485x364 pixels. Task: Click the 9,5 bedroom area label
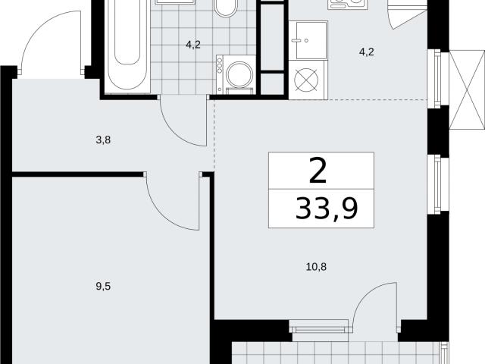tap(103, 287)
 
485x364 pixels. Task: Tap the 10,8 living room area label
tap(316, 267)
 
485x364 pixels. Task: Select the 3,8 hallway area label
tap(103, 140)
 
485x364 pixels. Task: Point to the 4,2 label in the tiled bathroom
tap(193, 45)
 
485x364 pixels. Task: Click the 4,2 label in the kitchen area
tap(367, 52)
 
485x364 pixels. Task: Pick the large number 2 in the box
tap(318, 170)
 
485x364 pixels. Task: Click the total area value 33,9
tap(327, 209)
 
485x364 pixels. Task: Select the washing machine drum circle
tap(239, 74)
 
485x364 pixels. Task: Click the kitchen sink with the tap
tap(308, 40)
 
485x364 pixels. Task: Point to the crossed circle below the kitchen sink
tap(306, 80)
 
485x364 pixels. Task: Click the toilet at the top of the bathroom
tap(227, 8)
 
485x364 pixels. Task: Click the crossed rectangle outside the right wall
tap(467, 89)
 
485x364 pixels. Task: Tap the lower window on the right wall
tap(437, 184)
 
